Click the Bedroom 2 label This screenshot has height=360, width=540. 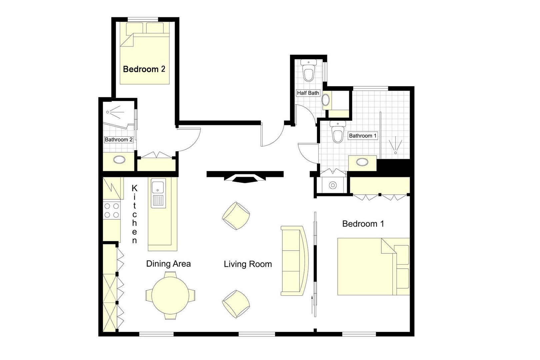click(x=144, y=69)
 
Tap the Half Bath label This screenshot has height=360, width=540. click(x=308, y=93)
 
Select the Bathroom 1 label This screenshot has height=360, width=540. click(x=362, y=136)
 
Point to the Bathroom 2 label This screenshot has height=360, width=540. click(x=119, y=140)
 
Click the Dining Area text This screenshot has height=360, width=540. click(x=168, y=264)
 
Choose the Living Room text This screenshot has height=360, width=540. click(x=248, y=264)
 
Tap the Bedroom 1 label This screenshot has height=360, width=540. click(x=363, y=224)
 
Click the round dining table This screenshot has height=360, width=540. click(x=170, y=295)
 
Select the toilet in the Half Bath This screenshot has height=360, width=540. click(x=308, y=73)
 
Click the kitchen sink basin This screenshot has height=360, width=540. click(x=158, y=187)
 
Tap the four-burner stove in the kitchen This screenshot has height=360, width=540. click(x=112, y=211)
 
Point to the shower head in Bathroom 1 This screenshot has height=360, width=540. click(x=396, y=146)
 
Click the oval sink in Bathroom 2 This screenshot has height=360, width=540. click(x=119, y=160)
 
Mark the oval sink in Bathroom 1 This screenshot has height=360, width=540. click(x=362, y=162)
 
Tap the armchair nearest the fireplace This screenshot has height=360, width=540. click(x=236, y=216)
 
